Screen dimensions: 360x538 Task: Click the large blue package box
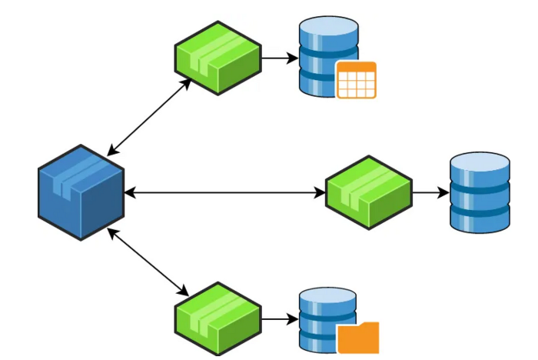point(81,192)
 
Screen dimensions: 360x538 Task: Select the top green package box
point(218,58)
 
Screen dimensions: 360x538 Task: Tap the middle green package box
point(369,192)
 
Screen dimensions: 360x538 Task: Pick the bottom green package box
point(218,318)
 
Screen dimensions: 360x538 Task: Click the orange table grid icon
point(357,80)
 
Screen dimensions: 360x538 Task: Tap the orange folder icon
point(358,338)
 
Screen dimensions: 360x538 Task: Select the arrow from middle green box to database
point(430,192)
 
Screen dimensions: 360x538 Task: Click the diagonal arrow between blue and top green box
point(150,116)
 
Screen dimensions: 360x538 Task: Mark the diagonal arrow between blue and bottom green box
point(150,262)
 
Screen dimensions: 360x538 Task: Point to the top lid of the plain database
point(480,164)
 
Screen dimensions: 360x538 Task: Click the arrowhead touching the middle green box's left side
point(320,192)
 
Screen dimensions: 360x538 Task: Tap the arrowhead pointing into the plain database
point(443,192)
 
